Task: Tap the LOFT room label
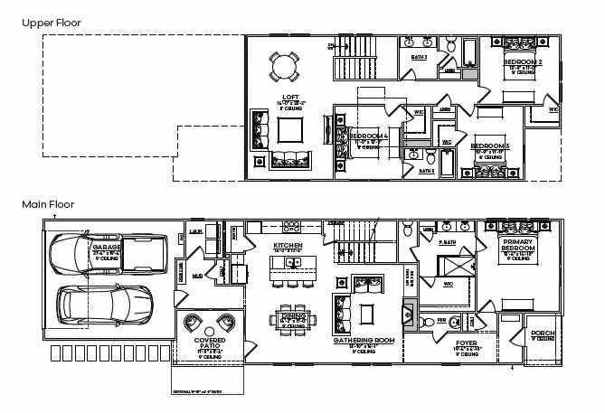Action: pyautogui.click(x=290, y=97)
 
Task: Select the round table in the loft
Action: pyautogui.click(x=284, y=65)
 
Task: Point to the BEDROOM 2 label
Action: pyautogui.click(x=523, y=62)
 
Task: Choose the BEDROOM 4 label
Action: pyautogui.click(x=369, y=136)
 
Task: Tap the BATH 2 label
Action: pyautogui.click(x=419, y=57)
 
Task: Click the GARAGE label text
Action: pyautogui.click(x=106, y=246)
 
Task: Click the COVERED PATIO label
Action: pyautogui.click(x=211, y=344)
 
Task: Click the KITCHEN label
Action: pyautogui.click(x=288, y=246)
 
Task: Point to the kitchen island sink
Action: pyautogui.click(x=293, y=263)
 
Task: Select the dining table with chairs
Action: pyautogui.click(x=293, y=317)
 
